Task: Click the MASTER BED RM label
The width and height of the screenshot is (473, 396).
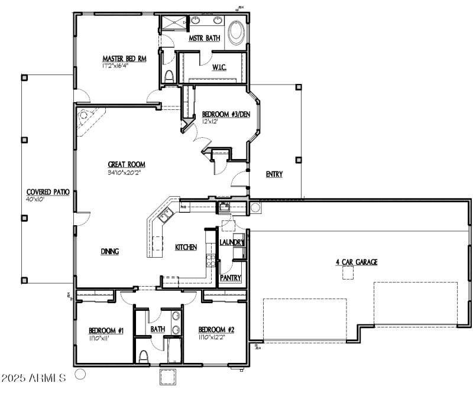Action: click(124, 59)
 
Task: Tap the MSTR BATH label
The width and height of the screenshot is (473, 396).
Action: click(205, 38)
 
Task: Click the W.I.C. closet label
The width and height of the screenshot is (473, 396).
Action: click(219, 67)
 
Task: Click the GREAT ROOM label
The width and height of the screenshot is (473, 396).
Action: click(126, 165)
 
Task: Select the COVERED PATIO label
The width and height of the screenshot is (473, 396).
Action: click(48, 193)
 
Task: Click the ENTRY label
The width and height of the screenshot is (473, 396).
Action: click(274, 174)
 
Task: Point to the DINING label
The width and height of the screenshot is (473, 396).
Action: click(109, 251)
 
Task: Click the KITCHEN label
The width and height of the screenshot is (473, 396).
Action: click(186, 248)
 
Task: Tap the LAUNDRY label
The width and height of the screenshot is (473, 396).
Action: click(232, 242)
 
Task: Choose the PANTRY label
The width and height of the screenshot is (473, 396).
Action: click(231, 278)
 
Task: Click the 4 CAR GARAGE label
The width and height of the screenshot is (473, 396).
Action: click(357, 262)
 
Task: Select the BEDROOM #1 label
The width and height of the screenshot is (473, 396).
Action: click(106, 330)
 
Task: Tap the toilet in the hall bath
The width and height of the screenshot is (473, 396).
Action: click(144, 356)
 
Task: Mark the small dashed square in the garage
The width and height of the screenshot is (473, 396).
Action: click(347, 272)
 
